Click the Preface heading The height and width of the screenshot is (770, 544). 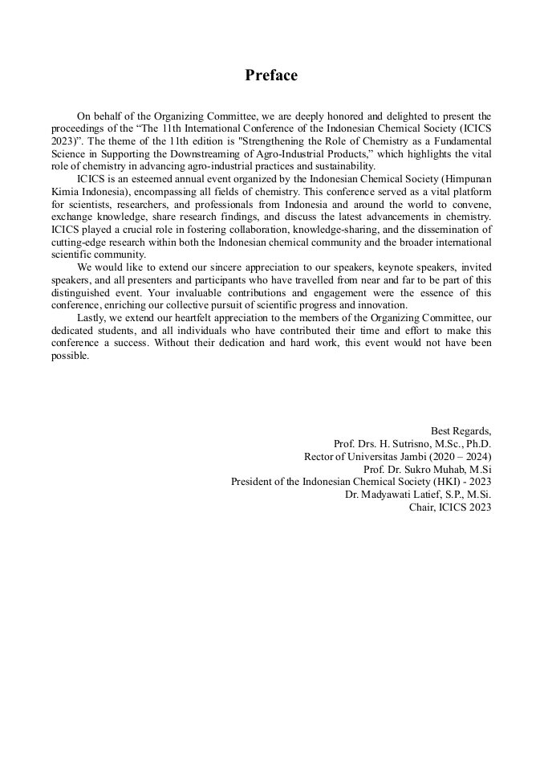point(271,75)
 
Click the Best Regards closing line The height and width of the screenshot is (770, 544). point(461,430)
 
